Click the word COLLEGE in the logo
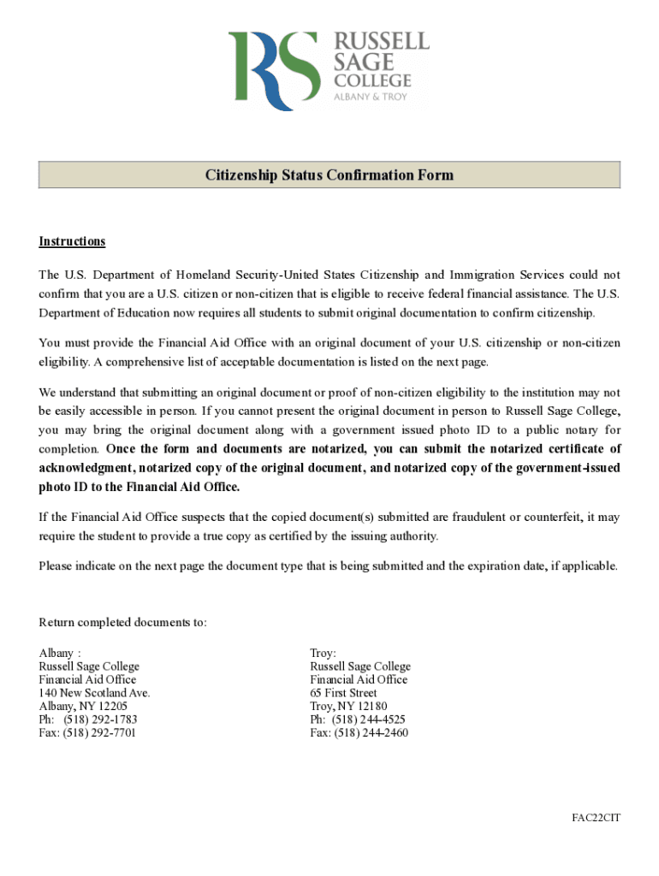coord(372,81)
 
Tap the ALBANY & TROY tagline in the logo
coord(370,97)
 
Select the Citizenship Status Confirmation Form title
coord(329,175)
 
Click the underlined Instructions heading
coord(72,241)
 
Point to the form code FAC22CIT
coord(596,818)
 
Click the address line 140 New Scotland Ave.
coord(94,693)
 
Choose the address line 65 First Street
coord(343,693)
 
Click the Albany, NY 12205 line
coord(83,707)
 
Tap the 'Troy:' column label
coord(324,653)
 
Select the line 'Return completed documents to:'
coord(122,622)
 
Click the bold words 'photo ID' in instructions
coord(62,487)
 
